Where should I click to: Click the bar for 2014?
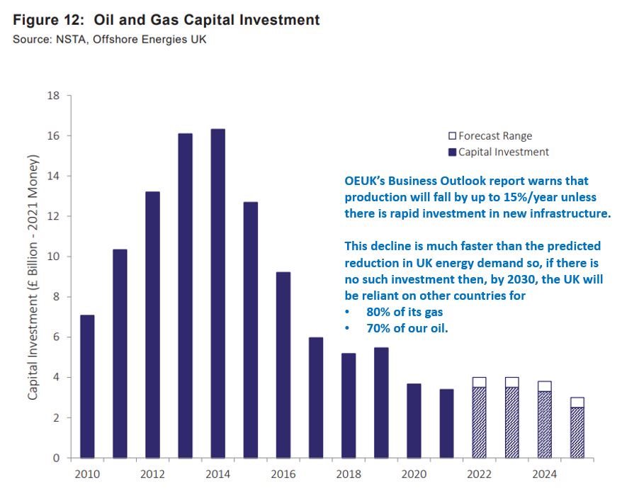click(218, 293)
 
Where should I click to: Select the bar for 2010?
click(87, 386)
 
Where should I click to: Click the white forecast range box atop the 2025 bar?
click(577, 403)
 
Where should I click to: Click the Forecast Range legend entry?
click(490, 135)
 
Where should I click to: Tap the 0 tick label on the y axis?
click(57, 459)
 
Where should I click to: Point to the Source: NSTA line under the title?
click(110, 39)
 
